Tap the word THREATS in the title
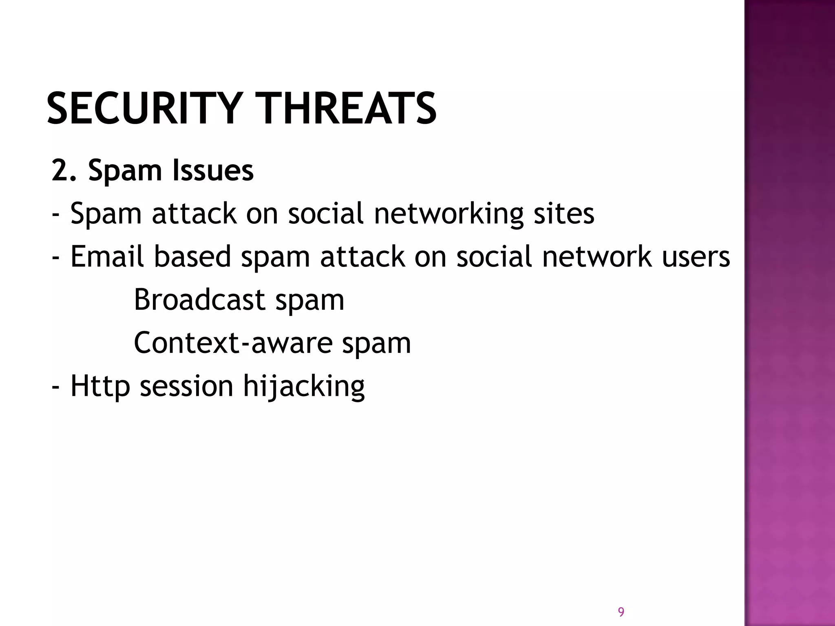pyautogui.click(x=348, y=108)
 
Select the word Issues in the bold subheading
pyautogui.click(x=213, y=170)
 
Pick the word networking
pyautogui.click(x=448, y=214)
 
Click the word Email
pyautogui.click(x=107, y=256)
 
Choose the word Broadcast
pyautogui.click(x=199, y=300)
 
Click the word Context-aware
pyautogui.click(x=233, y=343)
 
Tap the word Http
pyautogui.click(x=100, y=386)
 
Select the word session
pyautogui.click(x=187, y=386)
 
